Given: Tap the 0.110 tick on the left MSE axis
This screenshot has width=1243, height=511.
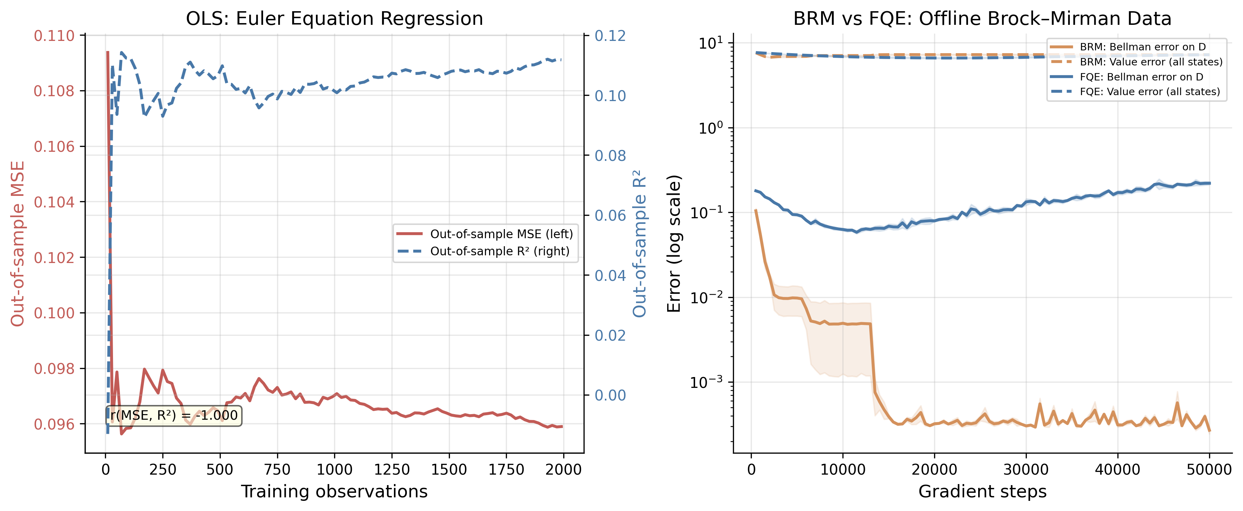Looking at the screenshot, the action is [54, 36].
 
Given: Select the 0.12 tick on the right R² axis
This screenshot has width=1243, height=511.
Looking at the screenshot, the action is [610, 36].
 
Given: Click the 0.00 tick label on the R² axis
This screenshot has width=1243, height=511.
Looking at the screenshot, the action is [610, 395].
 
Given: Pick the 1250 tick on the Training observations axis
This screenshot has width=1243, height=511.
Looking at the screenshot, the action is [392, 469].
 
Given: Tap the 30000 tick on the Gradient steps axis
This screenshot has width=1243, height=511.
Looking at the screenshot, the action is [1026, 469].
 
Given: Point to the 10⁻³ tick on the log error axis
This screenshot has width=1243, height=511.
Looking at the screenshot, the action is [707, 382].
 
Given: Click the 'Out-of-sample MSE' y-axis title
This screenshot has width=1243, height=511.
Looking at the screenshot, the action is [17, 244].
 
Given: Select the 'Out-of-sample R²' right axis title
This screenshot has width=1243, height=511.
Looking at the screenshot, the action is [640, 244].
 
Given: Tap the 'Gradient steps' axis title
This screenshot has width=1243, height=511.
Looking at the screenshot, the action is [982, 491].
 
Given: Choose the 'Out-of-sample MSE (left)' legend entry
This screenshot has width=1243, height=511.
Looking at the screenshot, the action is [485, 234].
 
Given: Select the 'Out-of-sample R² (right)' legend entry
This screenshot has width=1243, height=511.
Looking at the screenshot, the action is [483, 251].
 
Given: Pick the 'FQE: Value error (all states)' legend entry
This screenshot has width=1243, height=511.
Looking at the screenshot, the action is [1135, 91].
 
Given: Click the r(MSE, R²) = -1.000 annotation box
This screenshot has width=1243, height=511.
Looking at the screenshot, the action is [174, 416].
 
